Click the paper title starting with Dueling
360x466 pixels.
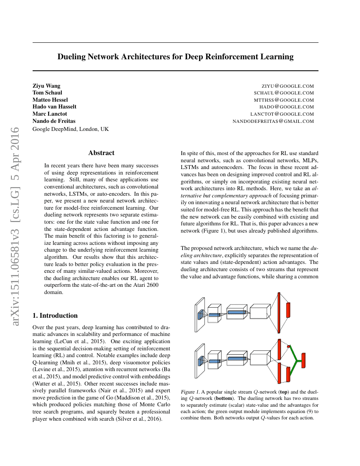click(175, 57)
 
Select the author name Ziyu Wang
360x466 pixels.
click(47, 86)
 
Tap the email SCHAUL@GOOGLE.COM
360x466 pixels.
click(284, 93)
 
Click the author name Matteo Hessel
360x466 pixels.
click(50, 100)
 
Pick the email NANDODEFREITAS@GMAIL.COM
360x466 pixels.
click(273, 122)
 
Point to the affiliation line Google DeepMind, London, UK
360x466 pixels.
click(71, 129)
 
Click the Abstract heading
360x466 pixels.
click(101, 153)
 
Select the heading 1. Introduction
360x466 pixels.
click(55, 316)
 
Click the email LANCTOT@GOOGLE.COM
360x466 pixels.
click(282, 114)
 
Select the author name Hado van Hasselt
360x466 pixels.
click(55, 107)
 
